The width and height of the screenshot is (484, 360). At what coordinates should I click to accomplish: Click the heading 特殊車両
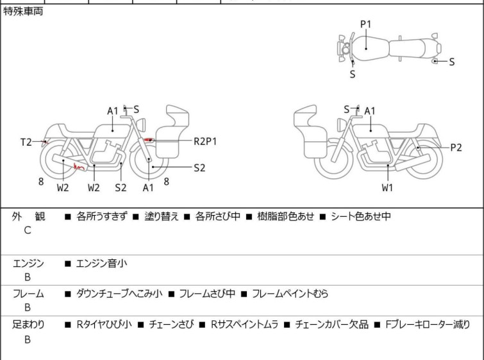pyautogui.click(x=24, y=12)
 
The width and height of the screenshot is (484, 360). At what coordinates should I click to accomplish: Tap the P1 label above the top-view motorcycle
pyautogui.click(x=365, y=24)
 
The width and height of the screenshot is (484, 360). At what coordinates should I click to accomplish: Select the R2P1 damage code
pyautogui.click(x=205, y=141)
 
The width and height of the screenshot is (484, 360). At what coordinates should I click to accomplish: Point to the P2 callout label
pyautogui.click(x=456, y=148)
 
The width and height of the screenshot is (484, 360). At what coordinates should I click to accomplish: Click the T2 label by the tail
pyautogui.click(x=26, y=142)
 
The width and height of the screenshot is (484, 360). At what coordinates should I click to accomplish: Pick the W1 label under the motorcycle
pyautogui.click(x=388, y=187)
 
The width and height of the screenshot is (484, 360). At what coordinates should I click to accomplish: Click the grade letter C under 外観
pyautogui.click(x=28, y=230)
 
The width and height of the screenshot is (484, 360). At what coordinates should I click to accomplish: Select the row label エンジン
pyautogui.click(x=28, y=263)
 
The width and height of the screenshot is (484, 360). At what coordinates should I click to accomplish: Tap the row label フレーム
pyautogui.click(x=28, y=294)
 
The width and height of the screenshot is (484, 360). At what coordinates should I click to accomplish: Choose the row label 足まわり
pyautogui.click(x=28, y=325)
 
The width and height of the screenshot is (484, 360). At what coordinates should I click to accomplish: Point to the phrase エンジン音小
pyautogui.click(x=103, y=263)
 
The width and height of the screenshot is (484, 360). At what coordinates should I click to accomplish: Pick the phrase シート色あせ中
pyautogui.click(x=360, y=217)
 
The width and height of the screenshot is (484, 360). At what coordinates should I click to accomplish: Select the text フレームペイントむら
pyautogui.click(x=290, y=294)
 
